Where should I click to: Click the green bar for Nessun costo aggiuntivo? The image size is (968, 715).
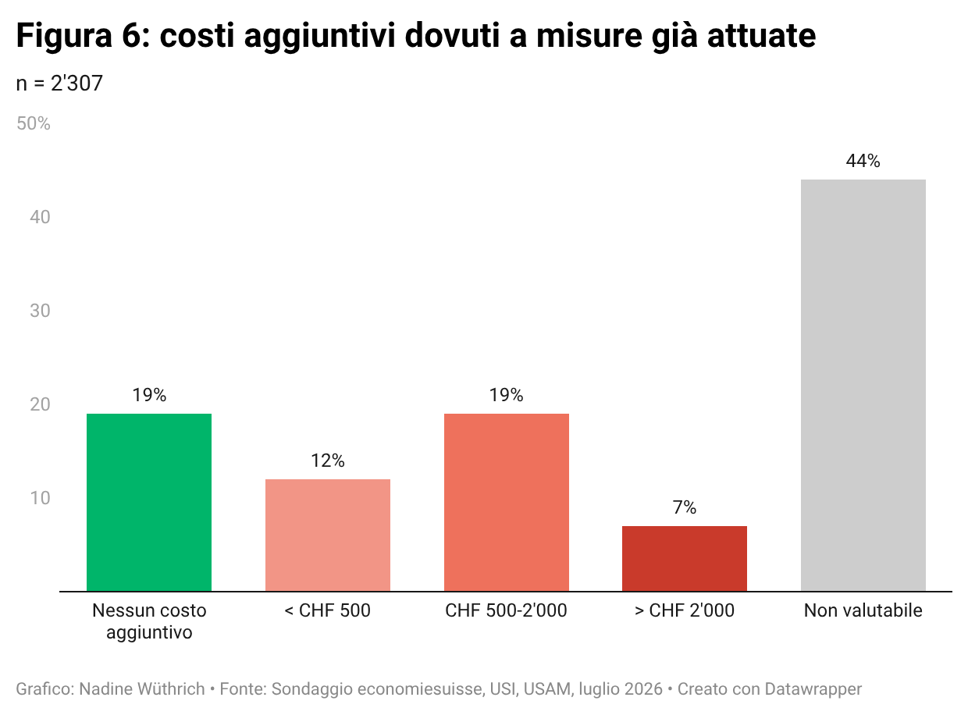point(149,502)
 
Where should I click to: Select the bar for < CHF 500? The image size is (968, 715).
point(327,535)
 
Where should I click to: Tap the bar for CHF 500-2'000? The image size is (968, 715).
point(507,502)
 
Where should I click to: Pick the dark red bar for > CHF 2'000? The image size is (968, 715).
point(685,558)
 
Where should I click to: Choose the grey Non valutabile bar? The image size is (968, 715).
point(863,385)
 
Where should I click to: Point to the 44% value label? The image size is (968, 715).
point(863,161)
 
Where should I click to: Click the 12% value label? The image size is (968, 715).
point(327,460)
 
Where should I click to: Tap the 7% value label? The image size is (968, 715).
point(685,507)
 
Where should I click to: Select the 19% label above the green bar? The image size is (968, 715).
point(149,395)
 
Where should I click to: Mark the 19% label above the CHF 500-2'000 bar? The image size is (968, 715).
point(507,395)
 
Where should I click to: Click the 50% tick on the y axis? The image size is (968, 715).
point(33,123)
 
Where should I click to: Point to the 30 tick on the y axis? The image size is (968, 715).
point(40,311)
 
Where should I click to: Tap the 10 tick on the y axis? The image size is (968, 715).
point(40,498)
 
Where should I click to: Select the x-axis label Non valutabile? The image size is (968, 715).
point(863,610)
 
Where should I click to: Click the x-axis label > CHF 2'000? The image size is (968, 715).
point(685,610)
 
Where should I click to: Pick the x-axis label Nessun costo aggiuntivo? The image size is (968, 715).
point(149,621)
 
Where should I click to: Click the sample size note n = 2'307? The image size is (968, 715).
point(59,83)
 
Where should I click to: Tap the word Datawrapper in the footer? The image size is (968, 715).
point(813,688)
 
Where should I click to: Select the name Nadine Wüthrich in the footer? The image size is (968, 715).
point(142,688)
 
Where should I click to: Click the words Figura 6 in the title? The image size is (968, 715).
point(79,36)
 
